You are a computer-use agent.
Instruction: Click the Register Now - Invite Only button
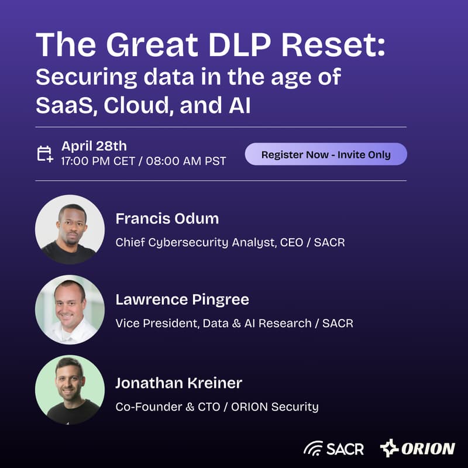click(x=325, y=154)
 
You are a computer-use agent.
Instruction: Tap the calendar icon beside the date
click(x=45, y=154)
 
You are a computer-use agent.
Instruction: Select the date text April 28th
click(x=94, y=146)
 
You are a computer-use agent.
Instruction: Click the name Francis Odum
click(x=167, y=219)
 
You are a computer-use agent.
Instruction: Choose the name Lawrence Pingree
click(x=182, y=300)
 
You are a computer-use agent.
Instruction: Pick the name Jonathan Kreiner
click(x=178, y=383)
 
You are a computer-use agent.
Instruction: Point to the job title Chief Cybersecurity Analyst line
click(x=230, y=242)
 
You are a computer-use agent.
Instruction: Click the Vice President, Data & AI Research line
click(x=234, y=322)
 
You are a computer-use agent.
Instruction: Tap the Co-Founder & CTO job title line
click(x=216, y=407)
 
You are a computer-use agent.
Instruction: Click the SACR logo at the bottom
click(x=333, y=449)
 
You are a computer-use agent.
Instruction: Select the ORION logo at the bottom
click(x=417, y=449)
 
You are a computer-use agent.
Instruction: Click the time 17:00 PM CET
click(x=98, y=161)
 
